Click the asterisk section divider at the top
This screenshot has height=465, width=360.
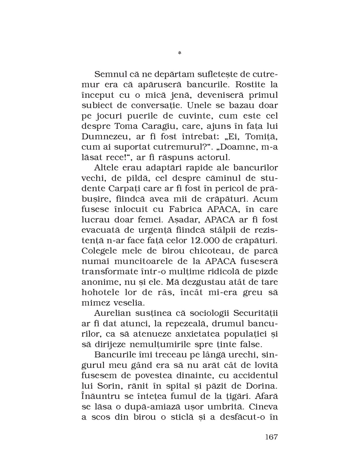(x=180, y=52)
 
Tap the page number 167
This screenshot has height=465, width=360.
(x=268, y=437)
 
